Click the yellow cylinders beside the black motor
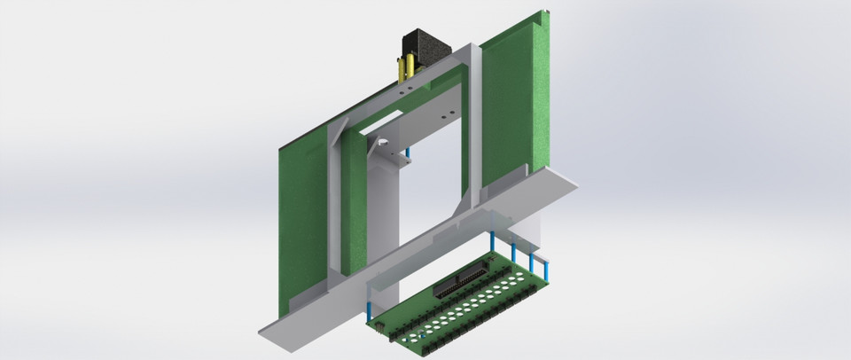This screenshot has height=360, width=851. pos(407,67)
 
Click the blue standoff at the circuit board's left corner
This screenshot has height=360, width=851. pos(369,310)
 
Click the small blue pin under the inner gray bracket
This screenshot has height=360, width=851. pos(408,157)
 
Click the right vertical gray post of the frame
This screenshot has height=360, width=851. pos(472,124)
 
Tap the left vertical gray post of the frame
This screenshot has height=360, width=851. pos(335,204)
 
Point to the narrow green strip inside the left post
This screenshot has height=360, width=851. pos(354,204)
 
